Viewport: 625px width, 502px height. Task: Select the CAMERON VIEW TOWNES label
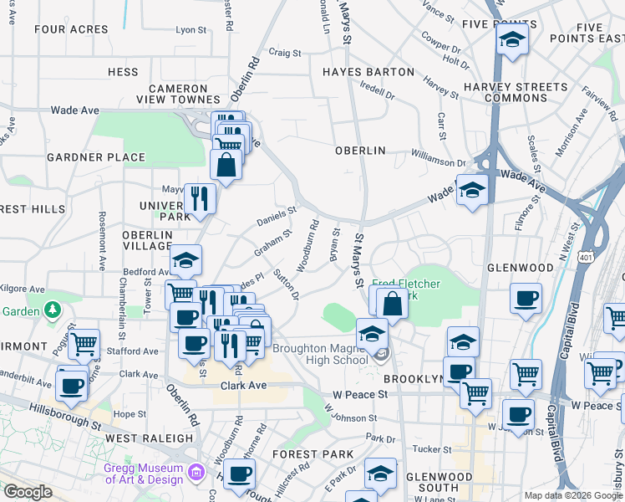point(178,94)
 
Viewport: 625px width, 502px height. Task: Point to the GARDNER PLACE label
point(96,157)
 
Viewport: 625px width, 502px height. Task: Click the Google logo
point(28,492)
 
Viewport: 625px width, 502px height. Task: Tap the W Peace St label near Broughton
point(360,393)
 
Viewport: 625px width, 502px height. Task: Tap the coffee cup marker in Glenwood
point(526,298)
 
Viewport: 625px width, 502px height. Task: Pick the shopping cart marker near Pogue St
point(84,343)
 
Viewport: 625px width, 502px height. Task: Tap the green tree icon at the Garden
point(53,310)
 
